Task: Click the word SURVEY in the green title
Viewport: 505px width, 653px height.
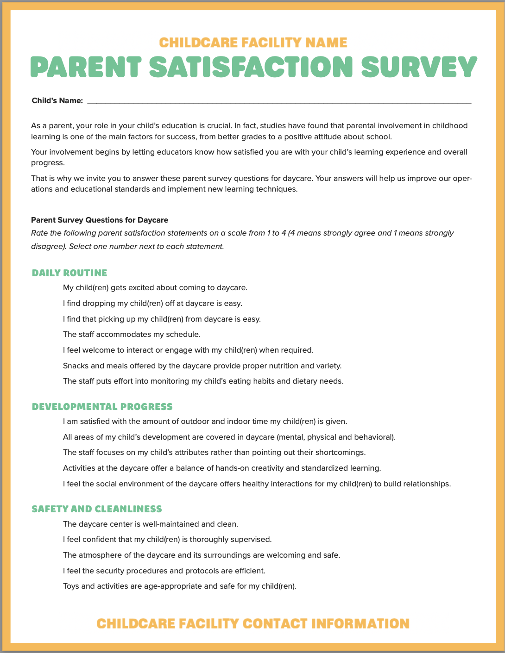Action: [418, 67]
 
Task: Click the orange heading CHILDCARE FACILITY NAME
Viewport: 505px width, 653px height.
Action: [253, 43]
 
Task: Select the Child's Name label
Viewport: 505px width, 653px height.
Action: [57, 101]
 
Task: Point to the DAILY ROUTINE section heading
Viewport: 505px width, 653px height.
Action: [69, 273]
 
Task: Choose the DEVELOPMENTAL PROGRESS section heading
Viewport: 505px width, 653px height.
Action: [102, 406]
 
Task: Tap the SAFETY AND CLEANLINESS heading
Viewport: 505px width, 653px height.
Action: [97, 509]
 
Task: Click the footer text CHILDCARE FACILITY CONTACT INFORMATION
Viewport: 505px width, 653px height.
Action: [253, 623]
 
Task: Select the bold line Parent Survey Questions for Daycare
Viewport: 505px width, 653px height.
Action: [100, 220]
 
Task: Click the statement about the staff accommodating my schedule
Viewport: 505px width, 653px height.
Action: [132, 334]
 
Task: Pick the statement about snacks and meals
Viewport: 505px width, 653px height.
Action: [202, 366]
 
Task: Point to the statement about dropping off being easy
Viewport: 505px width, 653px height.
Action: [152, 303]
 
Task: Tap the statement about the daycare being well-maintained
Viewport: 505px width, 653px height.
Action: [150, 524]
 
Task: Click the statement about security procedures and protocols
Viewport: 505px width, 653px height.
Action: [164, 571]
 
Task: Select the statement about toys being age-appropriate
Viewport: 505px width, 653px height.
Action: [179, 586]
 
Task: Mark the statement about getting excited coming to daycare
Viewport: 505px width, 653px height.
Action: [155, 287]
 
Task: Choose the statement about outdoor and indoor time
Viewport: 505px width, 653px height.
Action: [205, 421]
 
